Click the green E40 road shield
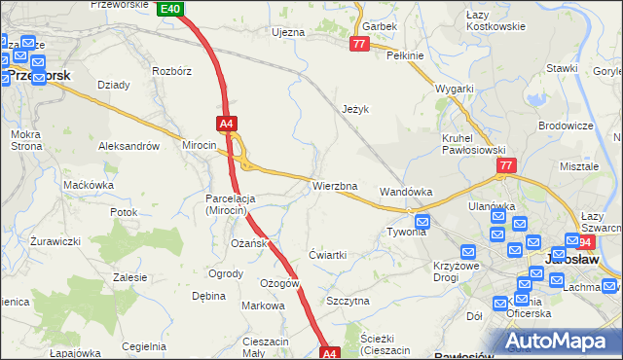(169, 9)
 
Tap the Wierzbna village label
(335, 186)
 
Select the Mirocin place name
(200, 144)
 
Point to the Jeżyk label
(357, 110)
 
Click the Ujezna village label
(288, 32)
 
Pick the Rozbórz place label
(171, 71)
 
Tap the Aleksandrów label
(128, 145)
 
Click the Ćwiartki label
(327, 254)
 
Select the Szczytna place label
(348, 301)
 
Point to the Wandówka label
(406, 192)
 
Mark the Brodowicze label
(567, 126)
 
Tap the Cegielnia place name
(144, 346)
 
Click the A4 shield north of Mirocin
(227, 124)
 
